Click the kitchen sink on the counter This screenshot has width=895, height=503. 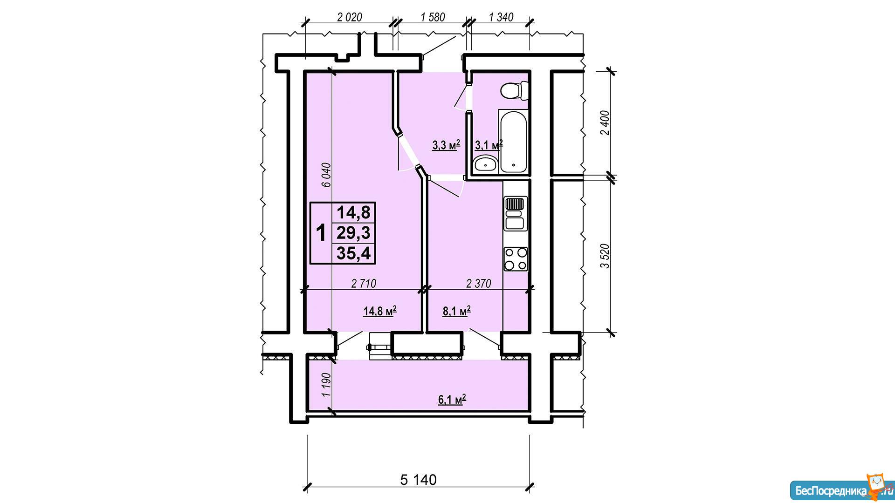point(516,214)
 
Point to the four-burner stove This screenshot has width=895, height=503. point(516,259)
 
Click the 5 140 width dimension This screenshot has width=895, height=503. point(418,479)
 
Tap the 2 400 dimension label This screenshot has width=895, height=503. point(605,122)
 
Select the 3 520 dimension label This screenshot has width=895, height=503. point(605,256)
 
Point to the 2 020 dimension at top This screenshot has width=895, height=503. point(349,17)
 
